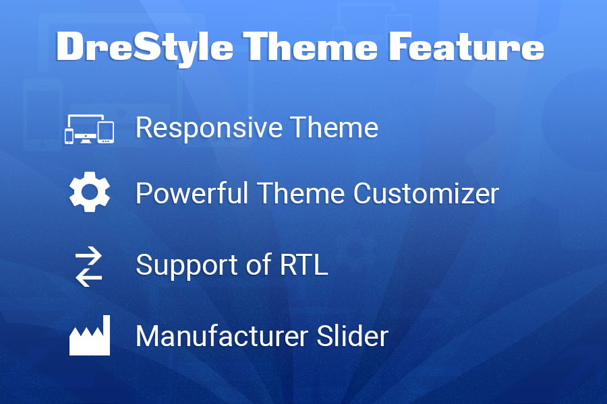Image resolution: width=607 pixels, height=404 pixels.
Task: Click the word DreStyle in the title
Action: coord(144,48)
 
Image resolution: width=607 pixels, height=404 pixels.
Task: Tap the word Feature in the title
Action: coord(467,46)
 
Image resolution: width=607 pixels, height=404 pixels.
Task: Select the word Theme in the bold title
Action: coord(310,46)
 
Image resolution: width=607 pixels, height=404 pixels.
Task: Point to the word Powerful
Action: coord(192,193)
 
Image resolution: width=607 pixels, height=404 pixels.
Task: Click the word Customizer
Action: coord(426,193)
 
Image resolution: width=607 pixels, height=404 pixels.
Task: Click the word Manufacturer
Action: coord(222,335)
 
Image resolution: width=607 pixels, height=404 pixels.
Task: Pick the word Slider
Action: coord(352,335)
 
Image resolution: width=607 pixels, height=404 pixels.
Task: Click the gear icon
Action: coord(90,192)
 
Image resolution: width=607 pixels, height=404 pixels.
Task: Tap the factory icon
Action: coord(90,335)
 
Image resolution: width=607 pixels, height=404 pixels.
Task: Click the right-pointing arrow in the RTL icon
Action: coord(89,255)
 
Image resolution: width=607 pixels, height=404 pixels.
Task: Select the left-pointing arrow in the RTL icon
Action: coord(89,277)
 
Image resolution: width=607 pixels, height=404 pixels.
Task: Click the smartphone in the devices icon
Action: coord(69,136)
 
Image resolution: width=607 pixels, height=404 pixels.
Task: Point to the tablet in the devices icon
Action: coord(106,132)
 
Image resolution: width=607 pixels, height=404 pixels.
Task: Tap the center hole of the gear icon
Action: coord(90,192)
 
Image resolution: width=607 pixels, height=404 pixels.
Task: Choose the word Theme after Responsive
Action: coord(335,127)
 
